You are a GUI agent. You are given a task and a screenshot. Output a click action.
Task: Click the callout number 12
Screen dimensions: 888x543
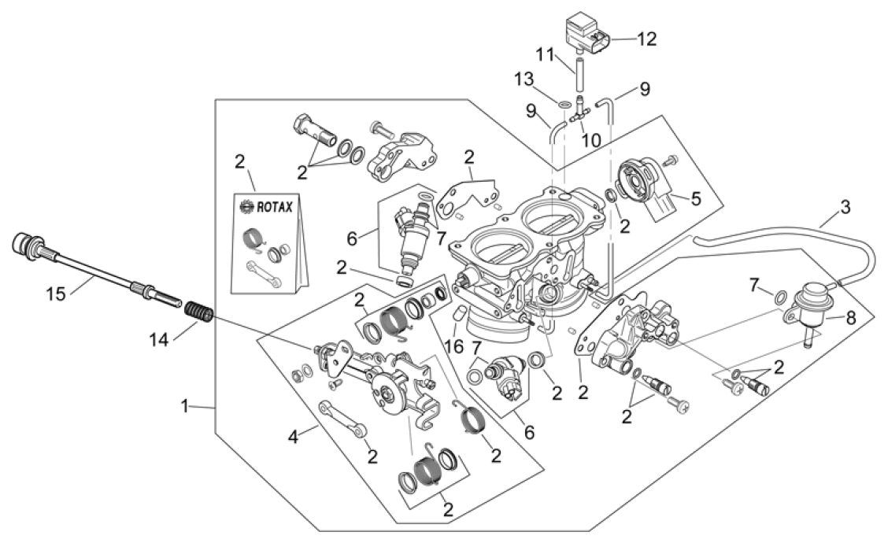click(x=646, y=39)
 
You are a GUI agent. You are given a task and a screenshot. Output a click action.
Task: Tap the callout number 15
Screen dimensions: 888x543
click(x=56, y=294)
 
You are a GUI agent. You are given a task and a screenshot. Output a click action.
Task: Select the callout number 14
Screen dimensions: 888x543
click(x=159, y=340)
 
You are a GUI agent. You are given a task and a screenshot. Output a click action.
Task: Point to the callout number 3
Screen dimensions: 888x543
click(x=845, y=207)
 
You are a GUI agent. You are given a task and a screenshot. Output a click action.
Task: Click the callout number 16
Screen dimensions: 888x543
click(x=453, y=346)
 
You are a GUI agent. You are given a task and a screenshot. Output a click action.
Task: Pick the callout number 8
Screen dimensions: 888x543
click(x=851, y=318)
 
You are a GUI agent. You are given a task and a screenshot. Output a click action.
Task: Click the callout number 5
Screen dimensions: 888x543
click(x=696, y=199)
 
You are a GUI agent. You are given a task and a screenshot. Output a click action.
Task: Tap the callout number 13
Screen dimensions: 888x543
click(x=524, y=79)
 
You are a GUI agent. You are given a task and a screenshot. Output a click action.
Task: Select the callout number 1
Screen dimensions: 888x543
click(x=184, y=406)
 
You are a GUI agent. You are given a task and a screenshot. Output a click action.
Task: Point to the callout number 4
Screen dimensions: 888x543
click(x=292, y=437)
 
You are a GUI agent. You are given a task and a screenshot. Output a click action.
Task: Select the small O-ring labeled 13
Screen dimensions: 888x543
click(x=564, y=105)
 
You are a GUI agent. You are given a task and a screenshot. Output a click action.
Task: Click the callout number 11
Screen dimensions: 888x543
click(x=546, y=55)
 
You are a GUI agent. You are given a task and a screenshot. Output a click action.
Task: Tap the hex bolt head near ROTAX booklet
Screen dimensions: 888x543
click(x=300, y=122)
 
